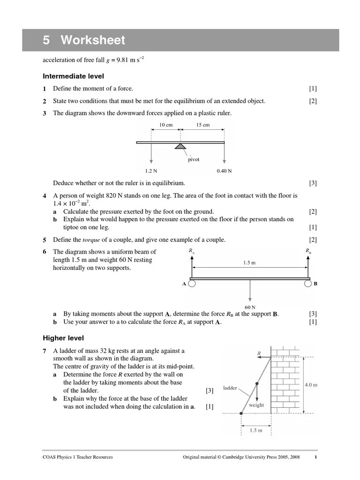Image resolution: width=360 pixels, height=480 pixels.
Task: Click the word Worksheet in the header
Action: [93, 40]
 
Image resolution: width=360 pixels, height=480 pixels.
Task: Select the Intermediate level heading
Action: [73, 76]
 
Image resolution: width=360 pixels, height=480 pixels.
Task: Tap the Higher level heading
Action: [63, 337]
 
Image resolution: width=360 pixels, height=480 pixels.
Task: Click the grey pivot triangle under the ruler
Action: [180, 147]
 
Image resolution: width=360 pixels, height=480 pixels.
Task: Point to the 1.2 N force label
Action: [151, 171]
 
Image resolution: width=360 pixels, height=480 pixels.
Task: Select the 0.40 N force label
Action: [224, 171]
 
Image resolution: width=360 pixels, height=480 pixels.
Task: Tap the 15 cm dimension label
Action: [202, 125]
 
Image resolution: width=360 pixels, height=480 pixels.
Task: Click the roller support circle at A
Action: [192, 284]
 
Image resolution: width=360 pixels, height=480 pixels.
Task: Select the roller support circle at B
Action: [307, 284]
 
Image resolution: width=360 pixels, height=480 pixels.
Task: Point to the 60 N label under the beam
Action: [250, 307]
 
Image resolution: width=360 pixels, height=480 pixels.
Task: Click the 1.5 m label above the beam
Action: [249, 263]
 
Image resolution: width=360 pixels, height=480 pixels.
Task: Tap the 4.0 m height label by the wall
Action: [311, 385]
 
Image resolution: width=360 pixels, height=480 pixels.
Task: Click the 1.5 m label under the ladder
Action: [255, 430]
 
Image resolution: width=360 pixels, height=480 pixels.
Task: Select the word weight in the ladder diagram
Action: [256, 405]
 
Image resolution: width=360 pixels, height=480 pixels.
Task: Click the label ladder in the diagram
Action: [230, 388]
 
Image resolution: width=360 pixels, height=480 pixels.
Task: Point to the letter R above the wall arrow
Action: [259, 352]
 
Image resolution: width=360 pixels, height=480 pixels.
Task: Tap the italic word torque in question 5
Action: [92, 240]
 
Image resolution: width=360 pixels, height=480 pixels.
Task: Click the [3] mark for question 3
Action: [313, 183]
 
